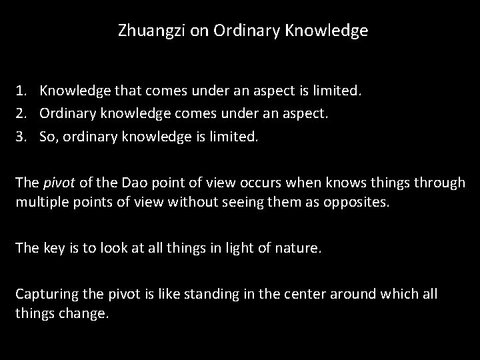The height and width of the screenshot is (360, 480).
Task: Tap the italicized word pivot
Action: point(55,182)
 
